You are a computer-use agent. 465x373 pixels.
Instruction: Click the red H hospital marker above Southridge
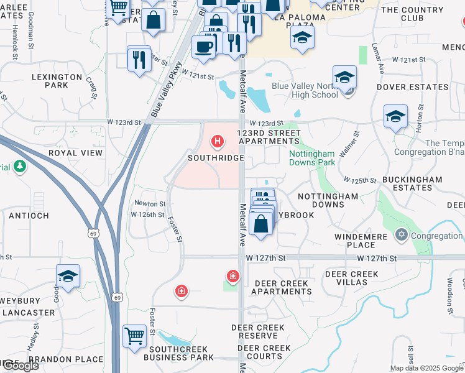218,142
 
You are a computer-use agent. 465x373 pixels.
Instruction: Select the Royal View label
75,152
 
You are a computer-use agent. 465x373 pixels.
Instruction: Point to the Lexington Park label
57,81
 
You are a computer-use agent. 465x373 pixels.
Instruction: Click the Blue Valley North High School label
305,91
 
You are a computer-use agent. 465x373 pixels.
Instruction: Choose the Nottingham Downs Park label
312,158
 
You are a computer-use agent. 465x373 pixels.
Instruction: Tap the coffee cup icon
203,46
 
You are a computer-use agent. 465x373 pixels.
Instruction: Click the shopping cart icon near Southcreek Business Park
134,336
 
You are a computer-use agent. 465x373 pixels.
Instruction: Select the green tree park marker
20,166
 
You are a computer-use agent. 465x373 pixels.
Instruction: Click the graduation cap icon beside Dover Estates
395,116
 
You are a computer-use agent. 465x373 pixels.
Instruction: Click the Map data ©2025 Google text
426,368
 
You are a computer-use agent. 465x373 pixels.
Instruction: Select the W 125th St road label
361,180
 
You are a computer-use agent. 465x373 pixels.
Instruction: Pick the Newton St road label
150,203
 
